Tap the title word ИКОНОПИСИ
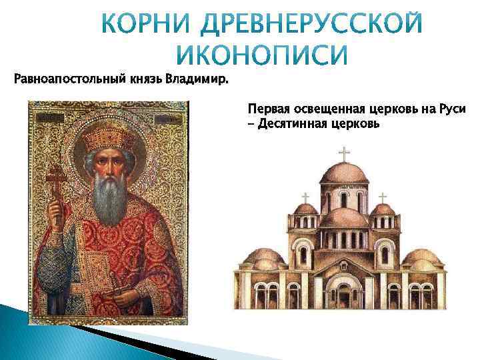pyautogui.click(x=263, y=55)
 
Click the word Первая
pyautogui.click(x=267, y=109)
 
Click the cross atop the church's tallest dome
pyautogui.click(x=344, y=153)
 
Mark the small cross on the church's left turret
pyautogui.click(x=306, y=197)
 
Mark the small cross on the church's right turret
pyautogui.click(x=383, y=197)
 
